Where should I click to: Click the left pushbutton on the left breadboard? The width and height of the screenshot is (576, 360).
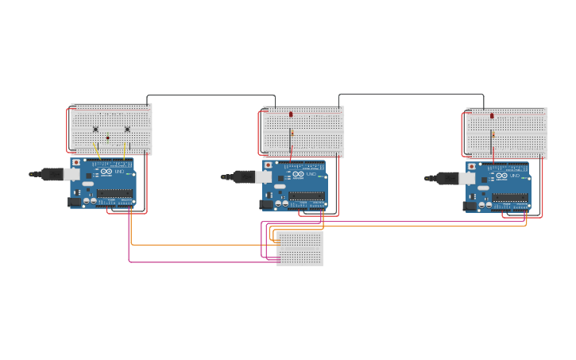click(x=95, y=129)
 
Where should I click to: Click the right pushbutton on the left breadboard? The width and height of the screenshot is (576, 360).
click(x=127, y=129)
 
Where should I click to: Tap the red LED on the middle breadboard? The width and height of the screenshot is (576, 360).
click(x=292, y=114)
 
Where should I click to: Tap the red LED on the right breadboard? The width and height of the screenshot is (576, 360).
click(x=492, y=116)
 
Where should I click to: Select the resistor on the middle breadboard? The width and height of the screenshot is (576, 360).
click(x=292, y=133)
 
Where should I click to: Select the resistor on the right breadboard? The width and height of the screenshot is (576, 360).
click(x=493, y=134)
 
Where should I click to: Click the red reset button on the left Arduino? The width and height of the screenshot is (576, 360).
click(x=76, y=162)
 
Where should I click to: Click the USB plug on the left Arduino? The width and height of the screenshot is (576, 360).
click(x=54, y=173)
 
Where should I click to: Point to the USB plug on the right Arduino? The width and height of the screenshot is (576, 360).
click(x=450, y=178)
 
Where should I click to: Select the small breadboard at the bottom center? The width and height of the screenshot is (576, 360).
click(x=300, y=248)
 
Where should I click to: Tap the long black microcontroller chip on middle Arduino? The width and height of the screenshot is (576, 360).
click(x=306, y=196)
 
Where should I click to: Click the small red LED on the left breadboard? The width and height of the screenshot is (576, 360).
click(x=108, y=137)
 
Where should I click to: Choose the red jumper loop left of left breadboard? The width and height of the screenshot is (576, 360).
click(x=67, y=130)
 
